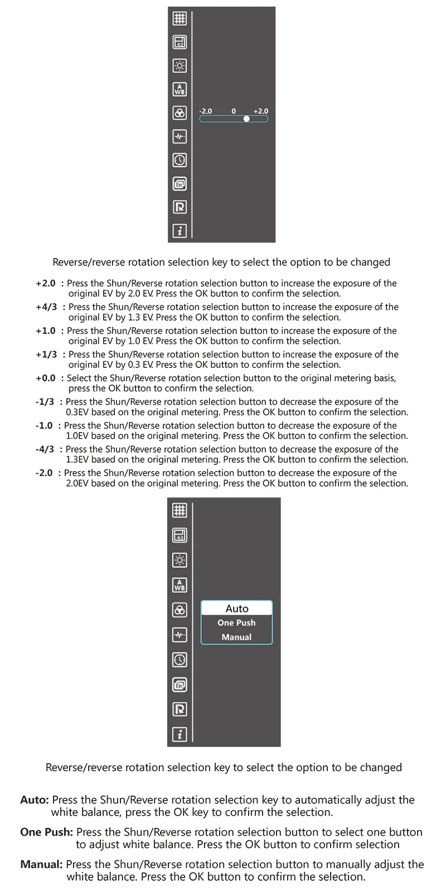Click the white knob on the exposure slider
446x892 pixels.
click(x=246, y=119)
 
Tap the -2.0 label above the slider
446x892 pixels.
click(x=206, y=111)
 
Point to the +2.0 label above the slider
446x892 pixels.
click(x=260, y=111)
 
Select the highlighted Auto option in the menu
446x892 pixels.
click(x=236, y=608)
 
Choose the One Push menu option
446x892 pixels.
click(x=236, y=623)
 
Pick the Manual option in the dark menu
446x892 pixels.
click(x=236, y=637)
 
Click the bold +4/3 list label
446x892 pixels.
click(x=46, y=307)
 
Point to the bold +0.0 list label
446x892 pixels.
click(x=46, y=378)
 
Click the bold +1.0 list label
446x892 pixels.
click(x=46, y=331)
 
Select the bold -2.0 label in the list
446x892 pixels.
click(x=44, y=473)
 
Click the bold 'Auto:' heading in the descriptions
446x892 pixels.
click(x=35, y=800)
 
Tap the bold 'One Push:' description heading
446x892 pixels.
click(x=46, y=832)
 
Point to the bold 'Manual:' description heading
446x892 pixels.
click(x=41, y=865)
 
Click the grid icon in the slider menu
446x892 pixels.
click(x=180, y=18)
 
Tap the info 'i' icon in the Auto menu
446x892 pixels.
click(x=180, y=735)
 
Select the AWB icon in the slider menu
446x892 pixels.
click(x=180, y=89)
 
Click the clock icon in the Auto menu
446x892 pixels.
click(x=180, y=660)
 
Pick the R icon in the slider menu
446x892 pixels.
click(x=180, y=207)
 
